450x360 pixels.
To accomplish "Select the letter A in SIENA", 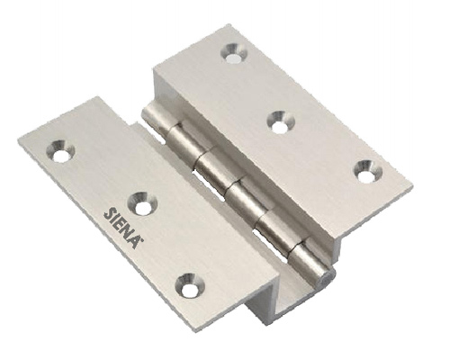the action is (x=135, y=241).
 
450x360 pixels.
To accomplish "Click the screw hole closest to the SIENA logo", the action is (x=142, y=203).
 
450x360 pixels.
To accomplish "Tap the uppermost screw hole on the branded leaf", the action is (x=60, y=150).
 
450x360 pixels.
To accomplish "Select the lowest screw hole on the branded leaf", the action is (x=189, y=284).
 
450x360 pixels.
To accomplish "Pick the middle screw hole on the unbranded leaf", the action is (x=281, y=121).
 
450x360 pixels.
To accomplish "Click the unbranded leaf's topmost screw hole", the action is (x=234, y=54).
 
